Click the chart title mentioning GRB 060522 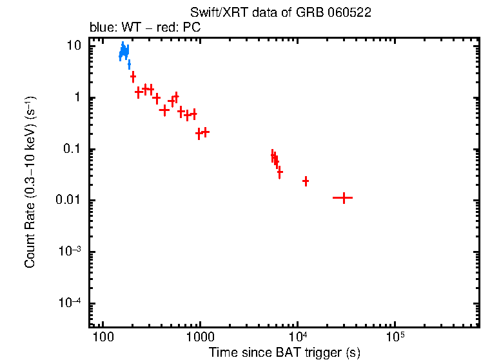click(x=280, y=13)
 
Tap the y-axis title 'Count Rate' click(x=30, y=183)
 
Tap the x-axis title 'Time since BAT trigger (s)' click(x=284, y=352)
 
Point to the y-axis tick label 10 click(x=75, y=46)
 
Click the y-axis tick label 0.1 click(x=74, y=150)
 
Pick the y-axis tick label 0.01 click(x=70, y=201)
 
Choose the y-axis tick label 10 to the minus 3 click(x=72, y=252)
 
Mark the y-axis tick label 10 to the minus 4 click(x=72, y=303)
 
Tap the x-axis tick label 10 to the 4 click(x=298, y=337)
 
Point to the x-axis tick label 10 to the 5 click(x=395, y=337)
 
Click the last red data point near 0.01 click(x=343, y=198)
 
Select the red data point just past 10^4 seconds click(x=306, y=181)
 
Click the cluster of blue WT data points click(x=124, y=52)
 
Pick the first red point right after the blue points click(x=133, y=77)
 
